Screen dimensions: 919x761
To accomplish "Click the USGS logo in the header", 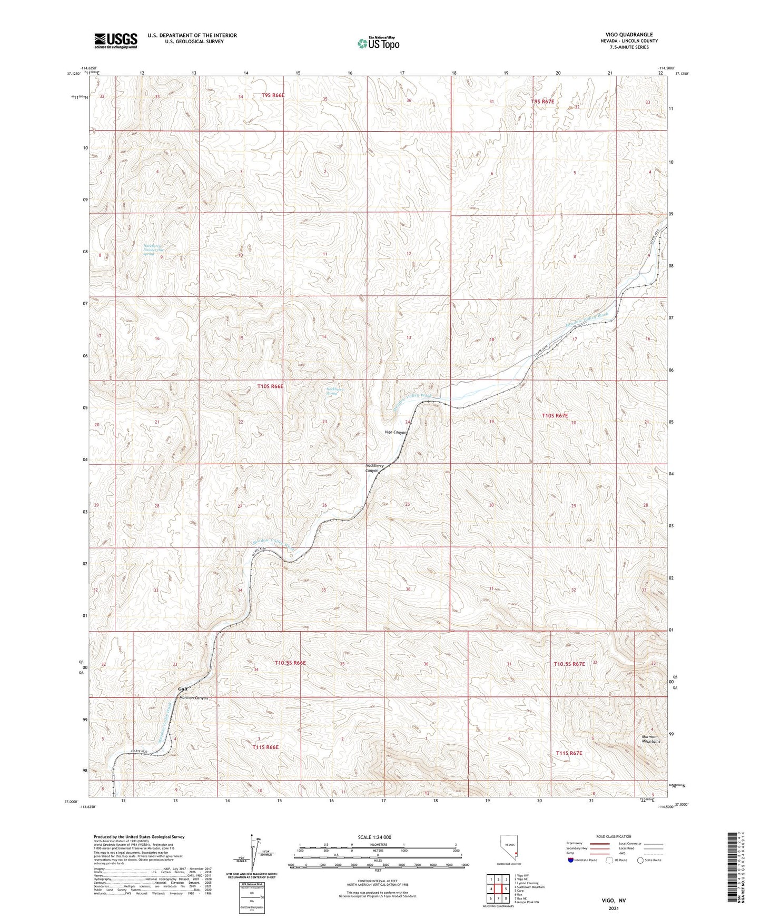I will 116,41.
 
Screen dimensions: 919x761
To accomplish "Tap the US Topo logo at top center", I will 378,43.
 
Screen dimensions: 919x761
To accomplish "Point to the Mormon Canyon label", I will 194,698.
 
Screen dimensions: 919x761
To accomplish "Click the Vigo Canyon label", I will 396,432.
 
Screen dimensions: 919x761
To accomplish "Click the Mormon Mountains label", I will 650,739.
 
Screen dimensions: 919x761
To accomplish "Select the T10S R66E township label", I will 270,386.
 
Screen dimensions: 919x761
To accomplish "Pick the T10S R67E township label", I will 555,416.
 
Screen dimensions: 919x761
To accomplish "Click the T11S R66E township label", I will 265,747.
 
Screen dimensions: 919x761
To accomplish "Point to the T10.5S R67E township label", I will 569,664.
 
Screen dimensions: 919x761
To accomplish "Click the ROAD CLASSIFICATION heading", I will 614,836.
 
